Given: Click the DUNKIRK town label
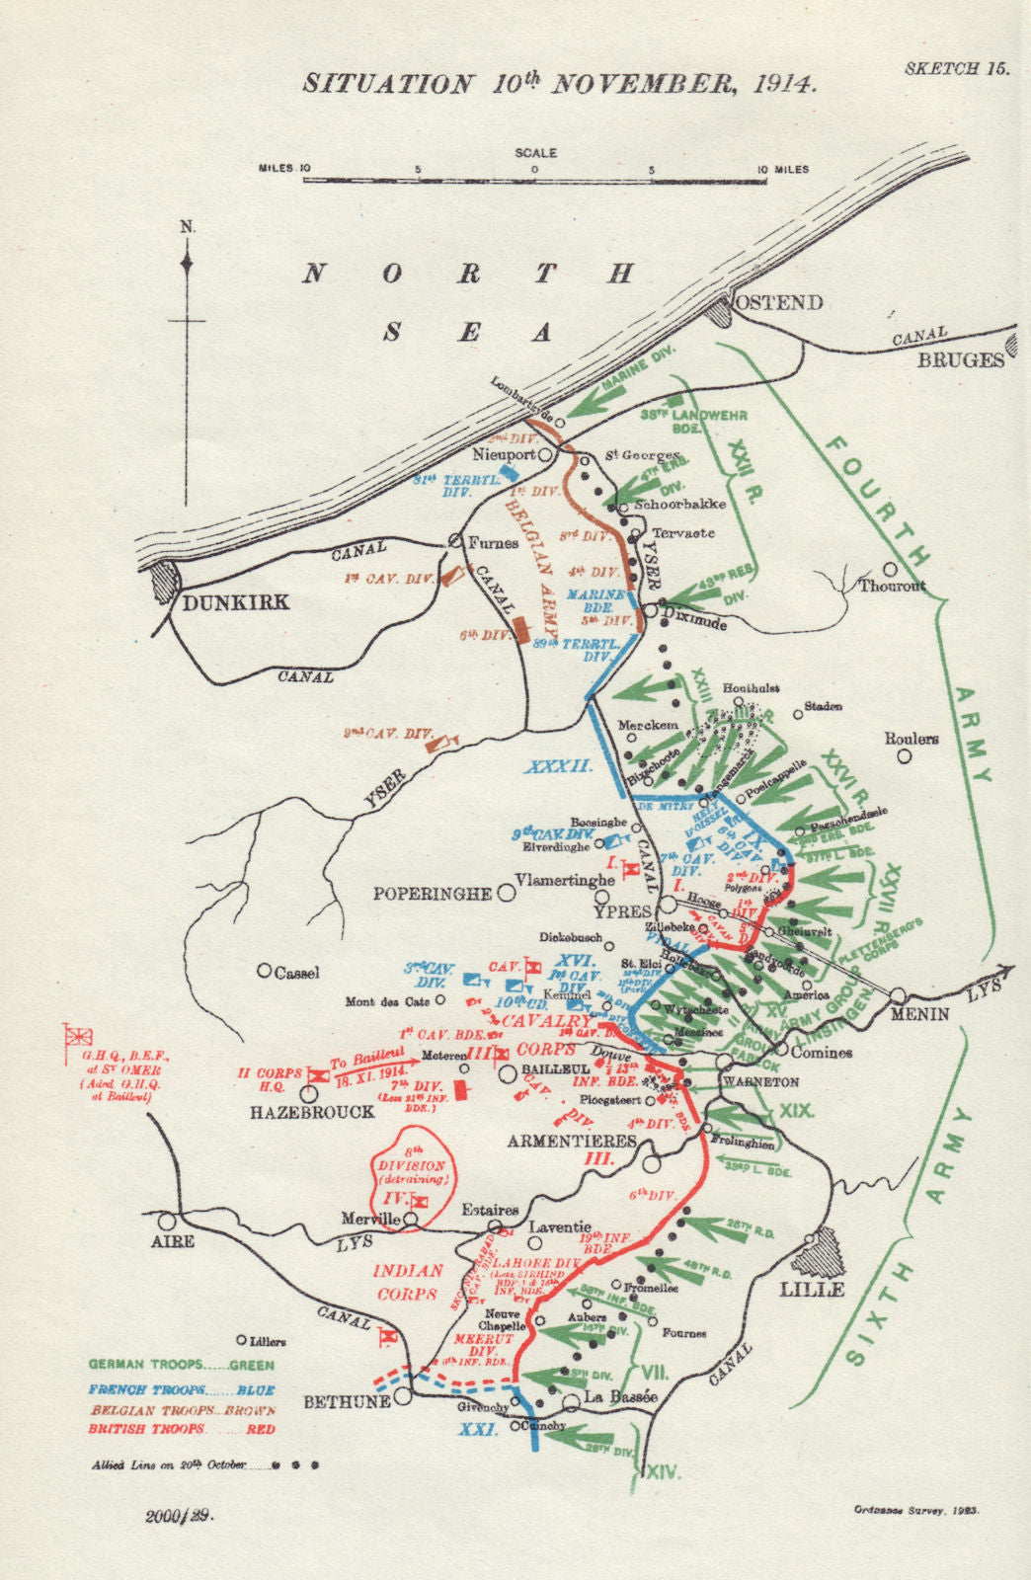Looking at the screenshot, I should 235,602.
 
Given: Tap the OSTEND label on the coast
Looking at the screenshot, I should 779,302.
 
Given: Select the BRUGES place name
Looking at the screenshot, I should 960,360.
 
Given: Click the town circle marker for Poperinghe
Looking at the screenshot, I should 506,893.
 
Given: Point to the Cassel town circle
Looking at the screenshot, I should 264,971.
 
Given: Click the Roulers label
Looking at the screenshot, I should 911,739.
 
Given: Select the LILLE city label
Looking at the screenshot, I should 812,1290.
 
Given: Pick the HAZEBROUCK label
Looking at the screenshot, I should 312,1112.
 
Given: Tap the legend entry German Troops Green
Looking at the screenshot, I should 181,1365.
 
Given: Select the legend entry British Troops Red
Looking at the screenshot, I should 181,1429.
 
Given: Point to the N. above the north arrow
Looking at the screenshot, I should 188,227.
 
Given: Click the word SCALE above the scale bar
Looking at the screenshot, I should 536,153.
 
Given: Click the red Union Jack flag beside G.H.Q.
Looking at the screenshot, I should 77,1036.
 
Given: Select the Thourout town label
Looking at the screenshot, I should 893,586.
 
